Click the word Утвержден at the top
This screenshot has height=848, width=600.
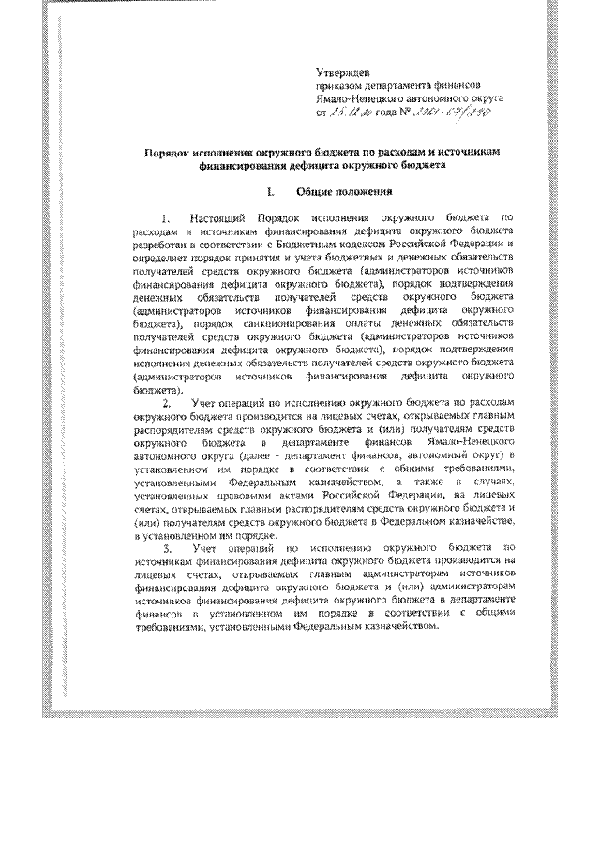click(x=344, y=71)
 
